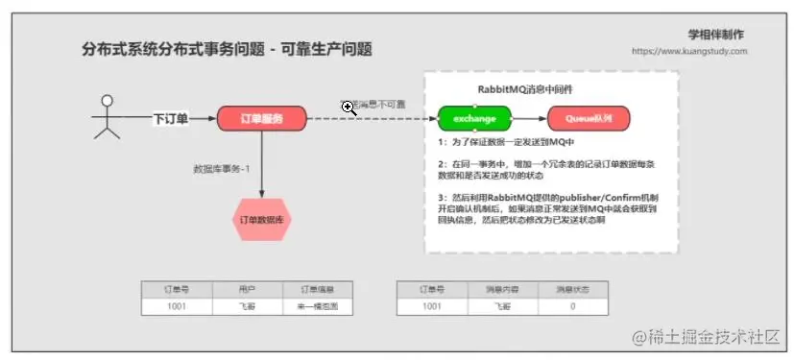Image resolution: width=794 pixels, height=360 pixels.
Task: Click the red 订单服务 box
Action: coord(261,119)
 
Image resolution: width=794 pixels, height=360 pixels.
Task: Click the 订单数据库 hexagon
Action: coord(261,220)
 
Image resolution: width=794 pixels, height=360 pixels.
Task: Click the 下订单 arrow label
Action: coord(170,119)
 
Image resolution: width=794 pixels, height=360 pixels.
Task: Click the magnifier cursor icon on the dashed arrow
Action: coord(349,108)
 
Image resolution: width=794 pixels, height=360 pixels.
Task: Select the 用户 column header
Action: coord(246,289)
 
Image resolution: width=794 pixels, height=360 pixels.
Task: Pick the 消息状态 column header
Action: coord(572,289)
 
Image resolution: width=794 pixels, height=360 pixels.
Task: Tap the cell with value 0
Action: coord(572,306)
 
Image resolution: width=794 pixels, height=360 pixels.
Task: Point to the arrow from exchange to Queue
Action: coord(529,119)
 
